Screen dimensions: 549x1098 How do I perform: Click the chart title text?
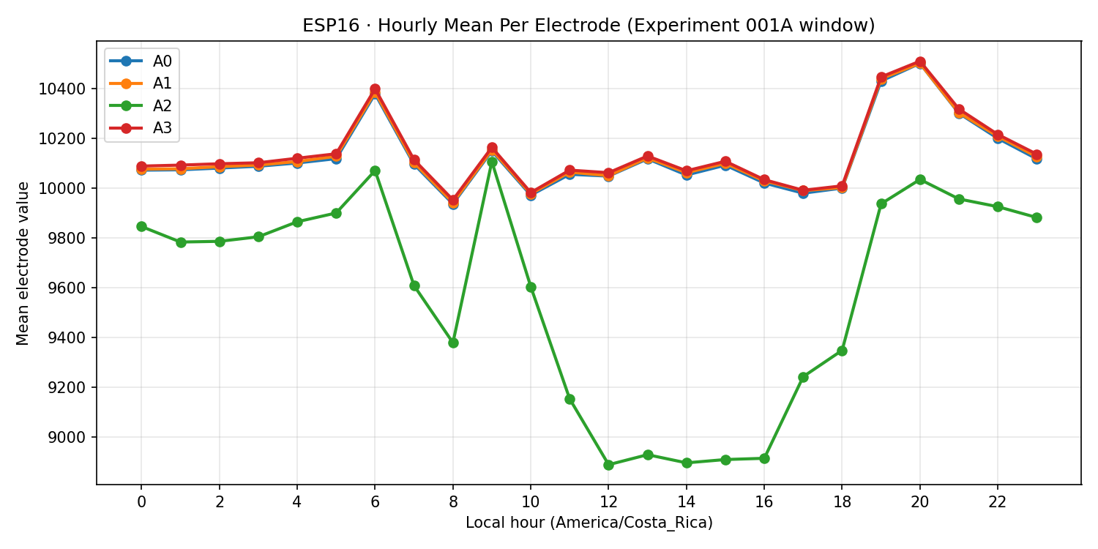pos(589,26)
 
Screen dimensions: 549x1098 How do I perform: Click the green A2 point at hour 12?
pos(608,465)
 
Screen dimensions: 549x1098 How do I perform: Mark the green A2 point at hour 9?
pos(492,162)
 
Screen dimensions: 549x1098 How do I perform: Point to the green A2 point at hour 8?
pos(453,343)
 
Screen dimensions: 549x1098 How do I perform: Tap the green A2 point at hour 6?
pos(375,171)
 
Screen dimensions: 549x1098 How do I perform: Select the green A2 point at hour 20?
pos(920,179)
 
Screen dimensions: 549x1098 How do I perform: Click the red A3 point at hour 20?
pos(920,62)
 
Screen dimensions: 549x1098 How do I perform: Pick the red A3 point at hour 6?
pos(375,89)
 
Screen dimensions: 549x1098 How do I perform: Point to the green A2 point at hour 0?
pos(141,226)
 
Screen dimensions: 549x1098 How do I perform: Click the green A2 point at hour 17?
pos(803,377)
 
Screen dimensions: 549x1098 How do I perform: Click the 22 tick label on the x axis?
pos(998,502)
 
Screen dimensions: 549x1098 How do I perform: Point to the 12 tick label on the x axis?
pos(608,502)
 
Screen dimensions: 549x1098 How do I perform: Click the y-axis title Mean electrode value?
pos(23,264)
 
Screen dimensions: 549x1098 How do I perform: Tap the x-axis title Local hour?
pos(589,523)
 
